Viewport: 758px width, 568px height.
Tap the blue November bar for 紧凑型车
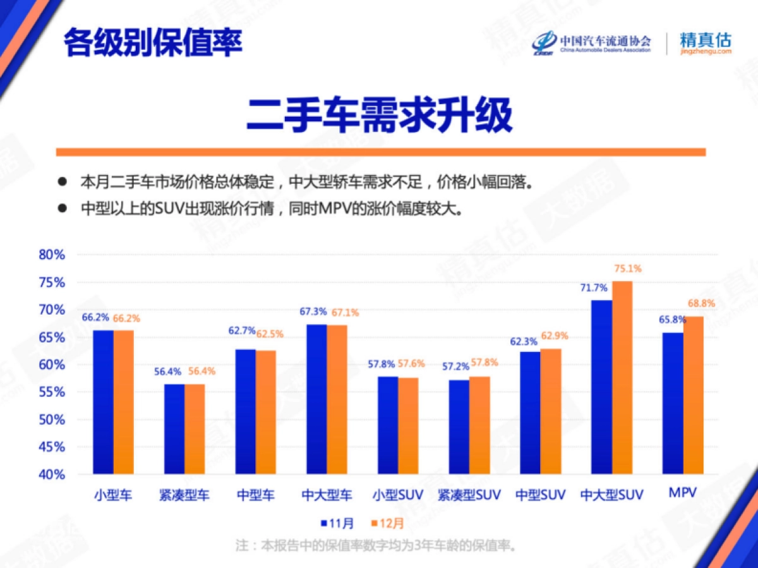(x=174, y=429)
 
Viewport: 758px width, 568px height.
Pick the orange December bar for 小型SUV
(x=408, y=426)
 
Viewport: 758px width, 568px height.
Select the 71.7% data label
(x=594, y=287)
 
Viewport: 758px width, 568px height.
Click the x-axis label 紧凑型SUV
(x=469, y=495)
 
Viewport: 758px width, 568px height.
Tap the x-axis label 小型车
(x=113, y=495)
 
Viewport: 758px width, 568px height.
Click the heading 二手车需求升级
(x=379, y=115)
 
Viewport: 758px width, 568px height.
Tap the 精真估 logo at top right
(x=706, y=42)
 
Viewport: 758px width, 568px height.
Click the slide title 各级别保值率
(x=153, y=43)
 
